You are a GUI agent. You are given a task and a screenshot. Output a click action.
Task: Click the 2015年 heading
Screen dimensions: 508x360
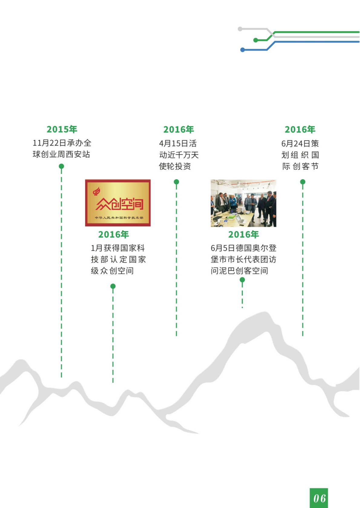coord(62,129)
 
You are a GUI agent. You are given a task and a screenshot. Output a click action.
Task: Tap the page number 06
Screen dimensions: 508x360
coord(319,498)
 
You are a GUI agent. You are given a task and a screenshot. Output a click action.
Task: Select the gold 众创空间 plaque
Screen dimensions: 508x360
coord(118,203)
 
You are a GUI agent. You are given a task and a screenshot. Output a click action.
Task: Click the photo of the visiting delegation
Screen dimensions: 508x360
coord(243,203)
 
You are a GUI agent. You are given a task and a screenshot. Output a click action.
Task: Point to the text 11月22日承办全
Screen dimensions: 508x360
coord(62,143)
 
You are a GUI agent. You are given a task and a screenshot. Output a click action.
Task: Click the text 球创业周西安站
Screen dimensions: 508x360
coord(61,154)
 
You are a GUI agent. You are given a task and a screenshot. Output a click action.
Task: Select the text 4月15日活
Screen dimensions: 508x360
coord(178,143)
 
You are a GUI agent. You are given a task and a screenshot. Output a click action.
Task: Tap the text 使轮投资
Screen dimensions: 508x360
coord(175,166)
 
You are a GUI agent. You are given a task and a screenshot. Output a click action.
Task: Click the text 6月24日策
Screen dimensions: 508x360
coord(300,143)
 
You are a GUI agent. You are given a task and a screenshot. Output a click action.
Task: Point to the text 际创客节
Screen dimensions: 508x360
coord(300,166)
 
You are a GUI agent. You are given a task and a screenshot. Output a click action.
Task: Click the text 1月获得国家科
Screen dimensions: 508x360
coord(118,248)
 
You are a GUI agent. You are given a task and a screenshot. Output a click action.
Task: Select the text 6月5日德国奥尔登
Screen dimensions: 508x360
coord(243,248)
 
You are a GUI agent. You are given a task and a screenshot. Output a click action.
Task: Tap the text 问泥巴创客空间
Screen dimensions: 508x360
coord(239,271)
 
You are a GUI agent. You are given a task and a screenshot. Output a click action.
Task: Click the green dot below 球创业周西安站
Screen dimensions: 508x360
coord(61,166)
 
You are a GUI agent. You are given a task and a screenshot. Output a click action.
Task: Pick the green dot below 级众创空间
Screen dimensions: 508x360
coord(113,286)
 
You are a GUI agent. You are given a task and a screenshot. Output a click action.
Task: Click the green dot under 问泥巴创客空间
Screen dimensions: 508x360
coord(242,280)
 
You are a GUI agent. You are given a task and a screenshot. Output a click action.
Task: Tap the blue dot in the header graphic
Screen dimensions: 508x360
coord(243,50)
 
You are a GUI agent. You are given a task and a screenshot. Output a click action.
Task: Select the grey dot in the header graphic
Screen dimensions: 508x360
coord(240,29)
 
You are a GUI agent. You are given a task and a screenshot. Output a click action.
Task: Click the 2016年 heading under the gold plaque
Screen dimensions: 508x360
coord(114,234)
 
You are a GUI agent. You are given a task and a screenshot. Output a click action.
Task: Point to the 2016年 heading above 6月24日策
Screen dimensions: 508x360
coord(300,129)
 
